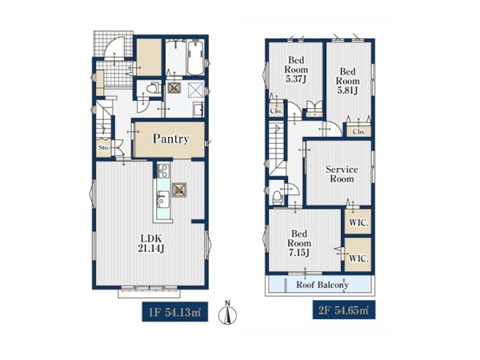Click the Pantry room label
click(x=171, y=139)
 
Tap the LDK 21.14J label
click(x=151, y=243)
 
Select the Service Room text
click(x=342, y=174)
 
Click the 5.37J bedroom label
click(x=296, y=70)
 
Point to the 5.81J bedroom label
click(x=347, y=81)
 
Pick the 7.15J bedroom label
click(x=298, y=243)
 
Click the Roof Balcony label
click(x=322, y=285)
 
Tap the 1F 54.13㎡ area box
click(x=174, y=312)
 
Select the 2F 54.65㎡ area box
click(x=344, y=310)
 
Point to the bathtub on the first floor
click(x=196, y=58)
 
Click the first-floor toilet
click(x=152, y=88)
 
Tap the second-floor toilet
click(x=277, y=198)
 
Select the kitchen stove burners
click(x=163, y=171)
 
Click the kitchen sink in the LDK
click(x=163, y=200)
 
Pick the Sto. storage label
click(x=104, y=147)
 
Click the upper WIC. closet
click(x=358, y=222)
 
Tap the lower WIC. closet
click(x=358, y=254)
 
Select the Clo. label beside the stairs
click(x=276, y=111)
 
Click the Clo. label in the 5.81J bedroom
click(x=358, y=132)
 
